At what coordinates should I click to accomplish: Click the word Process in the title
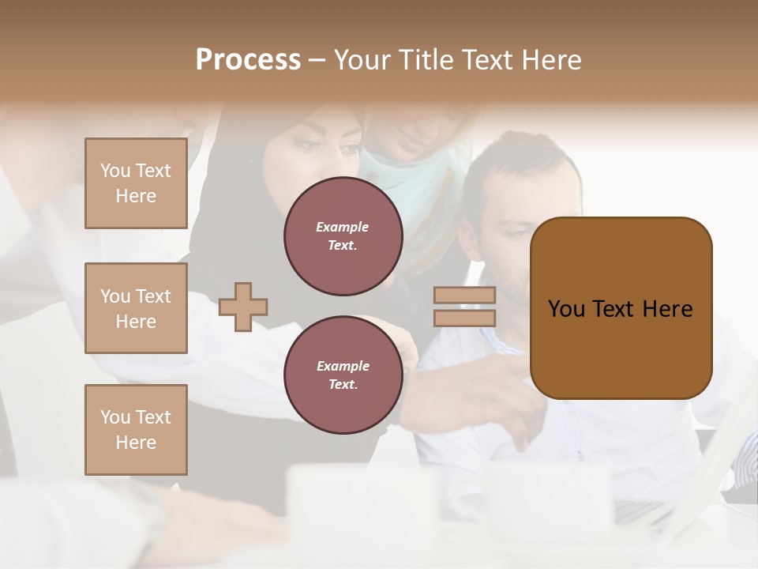point(248,60)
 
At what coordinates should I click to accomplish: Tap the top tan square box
point(136,183)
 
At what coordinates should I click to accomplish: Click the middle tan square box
point(136,308)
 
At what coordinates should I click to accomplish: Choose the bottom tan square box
point(136,430)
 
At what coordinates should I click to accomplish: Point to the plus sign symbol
point(243,307)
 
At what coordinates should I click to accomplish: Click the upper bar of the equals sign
point(465,295)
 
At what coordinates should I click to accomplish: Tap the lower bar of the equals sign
point(465,318)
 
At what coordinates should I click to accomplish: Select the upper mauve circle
point(343,236)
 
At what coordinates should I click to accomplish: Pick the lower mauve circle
point(343,375)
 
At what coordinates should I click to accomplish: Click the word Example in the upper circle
point(343,227)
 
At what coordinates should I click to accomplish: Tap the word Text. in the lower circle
point(343,384)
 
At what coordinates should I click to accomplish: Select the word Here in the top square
point(136,196)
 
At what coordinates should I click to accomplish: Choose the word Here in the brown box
point(668,309)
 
